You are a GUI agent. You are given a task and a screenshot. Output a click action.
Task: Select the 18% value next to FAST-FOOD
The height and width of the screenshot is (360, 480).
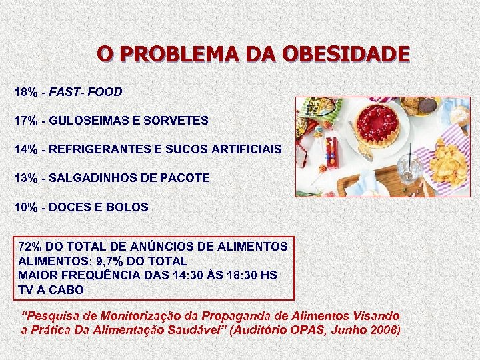tap(25, 91)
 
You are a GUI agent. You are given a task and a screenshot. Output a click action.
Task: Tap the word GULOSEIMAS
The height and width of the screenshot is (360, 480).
tap(85, 121)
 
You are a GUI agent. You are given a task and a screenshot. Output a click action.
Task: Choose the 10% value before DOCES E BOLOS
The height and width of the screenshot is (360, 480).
tap(25, 207)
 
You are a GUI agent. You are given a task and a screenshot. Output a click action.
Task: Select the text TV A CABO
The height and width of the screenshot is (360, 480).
tap(51, 290)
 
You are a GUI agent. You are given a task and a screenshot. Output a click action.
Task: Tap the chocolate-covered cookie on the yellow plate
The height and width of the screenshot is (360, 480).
tap(427, 105)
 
